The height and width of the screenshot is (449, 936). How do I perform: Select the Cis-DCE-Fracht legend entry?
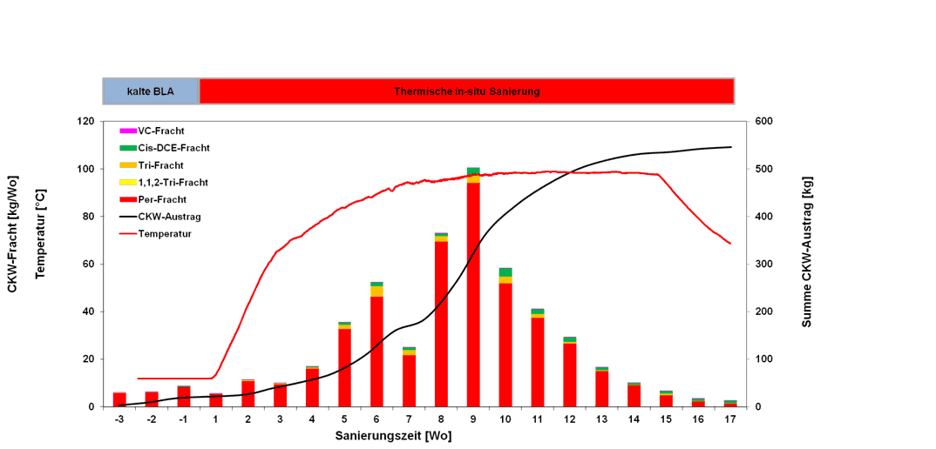tap(173, 148)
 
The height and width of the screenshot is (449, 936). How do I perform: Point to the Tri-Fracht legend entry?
tap(160, 165)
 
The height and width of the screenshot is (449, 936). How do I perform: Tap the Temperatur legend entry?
tap(165, 233)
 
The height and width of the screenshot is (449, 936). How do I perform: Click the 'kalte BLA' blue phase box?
tap(152, 91)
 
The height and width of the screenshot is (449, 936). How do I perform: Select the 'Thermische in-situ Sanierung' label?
tap(466, 91)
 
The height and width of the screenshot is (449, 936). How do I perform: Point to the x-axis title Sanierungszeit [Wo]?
tap(393, 436)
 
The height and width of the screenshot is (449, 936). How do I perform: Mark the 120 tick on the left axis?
tap(85, 122)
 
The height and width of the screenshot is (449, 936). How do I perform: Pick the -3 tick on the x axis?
tap(119, 419)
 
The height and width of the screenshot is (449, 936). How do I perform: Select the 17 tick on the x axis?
tap(730, 419)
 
